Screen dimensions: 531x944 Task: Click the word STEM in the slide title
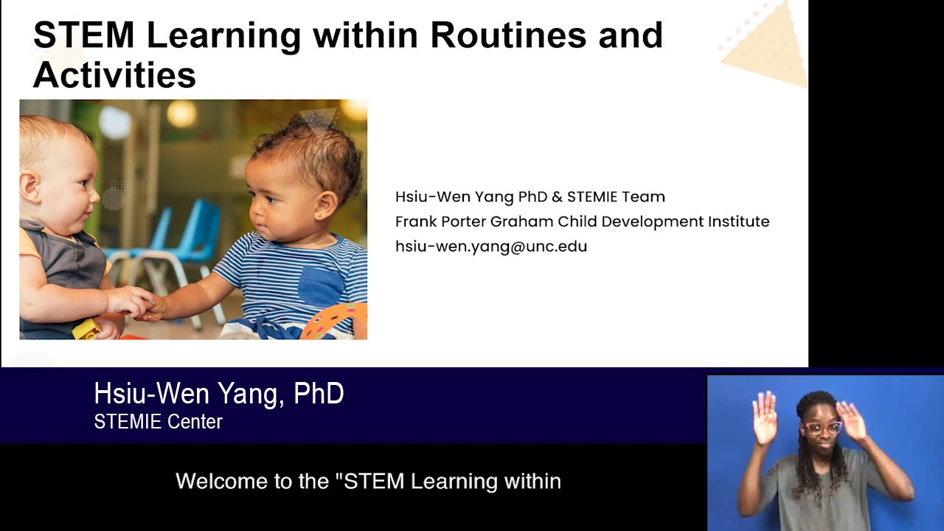point(83,35)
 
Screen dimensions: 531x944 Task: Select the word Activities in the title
point(114,74)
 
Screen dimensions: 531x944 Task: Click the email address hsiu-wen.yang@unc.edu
point(491,246)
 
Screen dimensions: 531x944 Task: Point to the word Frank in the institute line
point(415,221)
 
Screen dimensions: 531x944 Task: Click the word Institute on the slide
point(738,221)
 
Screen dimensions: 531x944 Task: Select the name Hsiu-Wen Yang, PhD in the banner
point(218,394)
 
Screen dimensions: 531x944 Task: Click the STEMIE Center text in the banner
point(158,422)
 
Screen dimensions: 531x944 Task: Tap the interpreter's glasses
point(823,428)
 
